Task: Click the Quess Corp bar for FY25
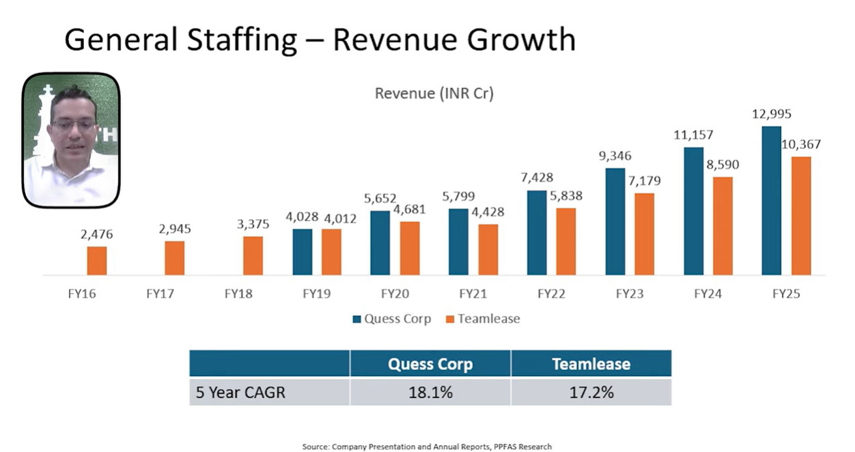pyautogui.click(x=771, y=201)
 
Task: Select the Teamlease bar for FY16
pyautogui.click(x=97, y=261)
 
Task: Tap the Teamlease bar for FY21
pyautogui.click(x=488, y=250)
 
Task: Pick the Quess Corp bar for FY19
pyautogui.click(x=303, y=252)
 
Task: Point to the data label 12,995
pyautogui.click(x=771, y=115)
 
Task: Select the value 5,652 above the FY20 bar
pyautogui.click(x=380, y=199)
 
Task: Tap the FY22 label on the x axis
pyautogui.click(x=551, y=295)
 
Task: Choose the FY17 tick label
pyautogui.click(x=160, y=295)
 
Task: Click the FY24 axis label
pyautogui.click(x=707, y=295)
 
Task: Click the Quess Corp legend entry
pyautogui.click(x=392, y=319)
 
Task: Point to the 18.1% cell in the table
pyautogui.click(x=430, y=393)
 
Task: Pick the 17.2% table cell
pyautogui.click(x=591, y=393)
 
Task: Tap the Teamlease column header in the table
pyautogui.click(x=591, y=364)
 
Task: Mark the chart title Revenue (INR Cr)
pyautogui.click(x=434, y=94)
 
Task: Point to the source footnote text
pyautogui.click(x=427, y=447)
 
